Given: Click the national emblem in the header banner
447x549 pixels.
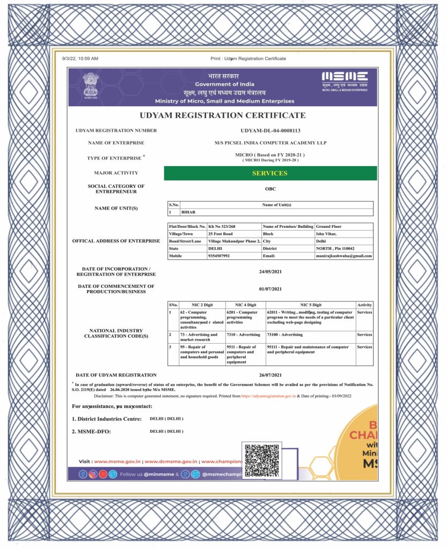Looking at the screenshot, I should click(92, 85).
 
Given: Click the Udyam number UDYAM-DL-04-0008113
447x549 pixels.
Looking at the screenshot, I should click(270, 131).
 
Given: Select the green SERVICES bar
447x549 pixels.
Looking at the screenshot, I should click(270, 173).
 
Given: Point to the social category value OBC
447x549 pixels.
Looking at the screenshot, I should click(270, 189).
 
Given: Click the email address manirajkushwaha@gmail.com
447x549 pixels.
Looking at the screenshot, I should click(344, 256).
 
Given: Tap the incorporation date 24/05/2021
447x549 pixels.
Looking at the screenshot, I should click(270, 271).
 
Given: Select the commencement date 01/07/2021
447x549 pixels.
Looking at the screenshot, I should click(270, 290).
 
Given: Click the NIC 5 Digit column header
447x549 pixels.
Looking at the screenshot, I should click(311, 305).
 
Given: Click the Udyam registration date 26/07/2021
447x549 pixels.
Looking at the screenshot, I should click(270, 375).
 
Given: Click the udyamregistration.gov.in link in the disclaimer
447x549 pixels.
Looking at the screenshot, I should click(268, 396).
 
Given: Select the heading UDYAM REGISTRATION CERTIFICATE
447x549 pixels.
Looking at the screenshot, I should click(223, 115).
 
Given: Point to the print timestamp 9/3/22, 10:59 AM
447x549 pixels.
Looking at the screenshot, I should click(80, 58).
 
